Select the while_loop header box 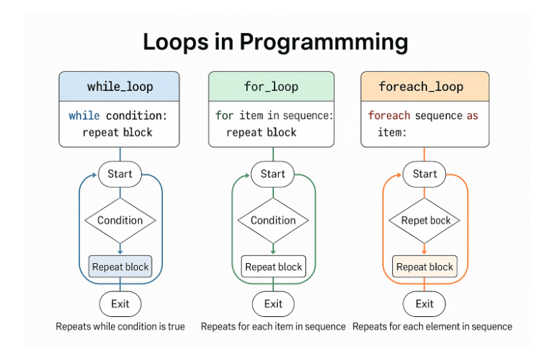[119, 87]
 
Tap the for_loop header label [271, 87]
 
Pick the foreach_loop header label [421, 87]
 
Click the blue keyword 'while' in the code [84, 115]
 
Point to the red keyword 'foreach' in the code [390, 115]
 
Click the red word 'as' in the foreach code [472, 116]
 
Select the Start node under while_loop [120, 174]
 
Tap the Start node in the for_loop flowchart [273, 174]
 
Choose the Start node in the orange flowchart [425, 174]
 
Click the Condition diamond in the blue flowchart [120, 220]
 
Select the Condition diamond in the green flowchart [273, 220]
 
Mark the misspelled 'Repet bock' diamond [425, 220]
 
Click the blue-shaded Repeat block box [120, 266]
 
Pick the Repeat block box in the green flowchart [274, 266]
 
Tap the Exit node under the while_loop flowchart [120, 303]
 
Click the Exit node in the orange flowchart [425, 303]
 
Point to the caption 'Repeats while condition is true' [120, 326]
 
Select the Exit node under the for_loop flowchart [273, 303]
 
